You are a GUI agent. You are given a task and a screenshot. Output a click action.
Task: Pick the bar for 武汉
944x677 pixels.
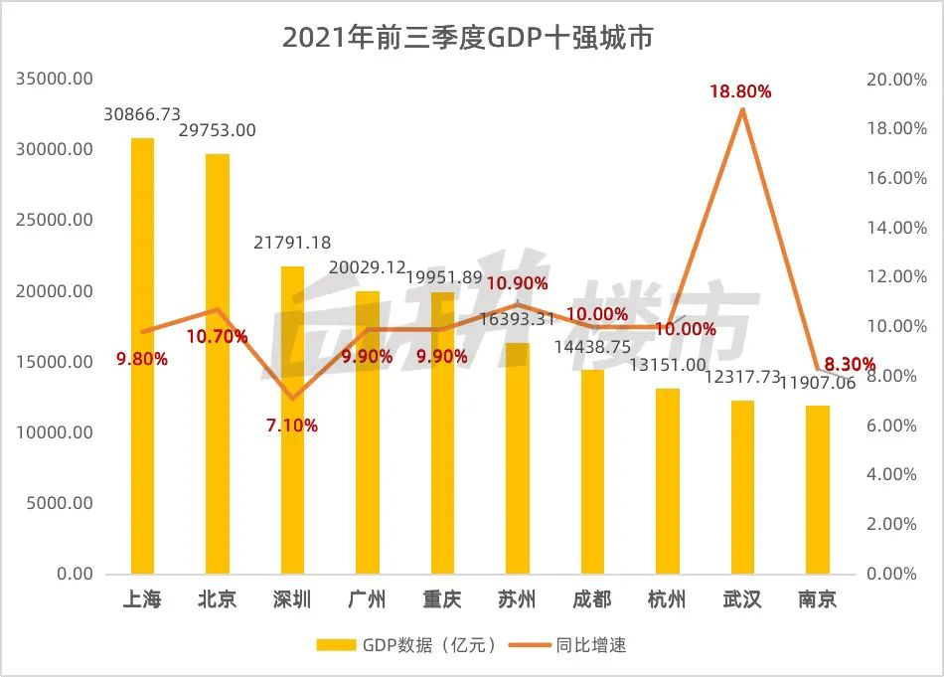(x=742, y=487)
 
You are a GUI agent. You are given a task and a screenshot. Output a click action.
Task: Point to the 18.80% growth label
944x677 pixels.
(x=740, y=91)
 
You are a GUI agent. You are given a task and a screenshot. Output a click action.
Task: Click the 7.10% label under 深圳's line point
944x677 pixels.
(x=293, y=425)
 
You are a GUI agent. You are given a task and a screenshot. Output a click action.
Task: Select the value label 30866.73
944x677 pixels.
(x=143, y=115)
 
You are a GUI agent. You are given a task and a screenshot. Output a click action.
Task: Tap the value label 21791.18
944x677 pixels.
(x=293, y=243)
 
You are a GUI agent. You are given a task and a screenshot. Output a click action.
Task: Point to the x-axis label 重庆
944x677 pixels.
(x=442, y=599)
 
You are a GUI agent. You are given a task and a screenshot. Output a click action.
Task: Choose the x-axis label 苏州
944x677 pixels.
(x=517, y=599)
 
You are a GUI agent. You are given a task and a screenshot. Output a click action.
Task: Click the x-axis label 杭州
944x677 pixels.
(x=667, y=599)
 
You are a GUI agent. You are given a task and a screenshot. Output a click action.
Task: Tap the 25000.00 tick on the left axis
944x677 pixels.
(x=57, y=220)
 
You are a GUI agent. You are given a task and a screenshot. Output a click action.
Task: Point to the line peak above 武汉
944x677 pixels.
(x=742, y=109)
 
